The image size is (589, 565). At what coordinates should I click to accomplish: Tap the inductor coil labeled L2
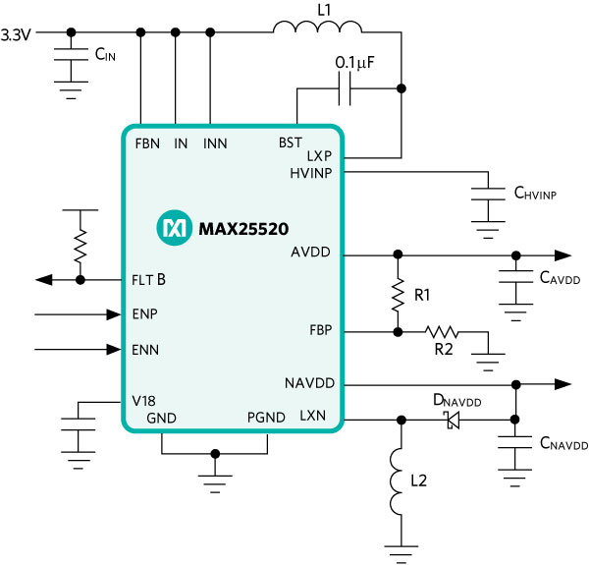tap(399, 481)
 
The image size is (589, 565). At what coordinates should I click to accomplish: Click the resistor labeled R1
tap(399, 293)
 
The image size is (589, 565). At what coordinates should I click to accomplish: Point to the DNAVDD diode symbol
tap(453, 421)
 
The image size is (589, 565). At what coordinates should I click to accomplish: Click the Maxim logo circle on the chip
tap(173, 229)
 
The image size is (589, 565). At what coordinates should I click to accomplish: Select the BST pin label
tap(291, 143)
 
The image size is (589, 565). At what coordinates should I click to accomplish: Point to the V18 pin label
tap(144, 401)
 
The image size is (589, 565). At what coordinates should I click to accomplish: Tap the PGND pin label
tap(266, 418)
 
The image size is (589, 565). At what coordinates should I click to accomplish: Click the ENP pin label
tap(146, 315)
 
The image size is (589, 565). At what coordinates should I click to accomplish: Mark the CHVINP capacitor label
tap(535, 194)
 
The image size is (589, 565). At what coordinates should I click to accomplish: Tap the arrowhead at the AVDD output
tap(564, 254)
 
